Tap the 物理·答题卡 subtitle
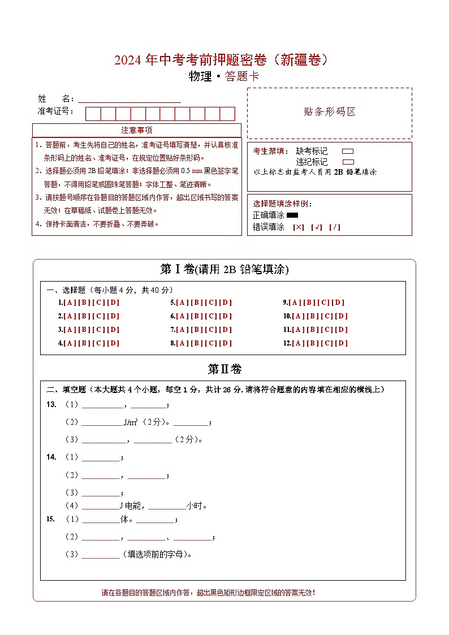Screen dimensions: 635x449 click(224, 76)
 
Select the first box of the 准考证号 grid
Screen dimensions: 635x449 click(93, 114)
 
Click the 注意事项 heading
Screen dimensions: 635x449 click(137, 131)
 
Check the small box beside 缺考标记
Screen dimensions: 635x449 click(348, 152)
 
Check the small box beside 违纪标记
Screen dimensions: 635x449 click(348, 162)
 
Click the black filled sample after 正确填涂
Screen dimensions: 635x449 click(292, 215)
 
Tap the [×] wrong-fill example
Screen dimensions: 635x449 click(298, 227)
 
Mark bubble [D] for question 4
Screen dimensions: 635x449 click(113, 343)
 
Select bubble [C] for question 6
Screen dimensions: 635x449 click(211, 316)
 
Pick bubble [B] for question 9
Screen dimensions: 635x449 click(310, 303)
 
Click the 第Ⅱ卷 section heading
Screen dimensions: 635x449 click(225, 369)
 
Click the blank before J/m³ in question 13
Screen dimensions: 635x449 click(102, 422)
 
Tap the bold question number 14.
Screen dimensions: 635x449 click(51, 457)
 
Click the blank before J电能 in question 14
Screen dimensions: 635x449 click(100, 506)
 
